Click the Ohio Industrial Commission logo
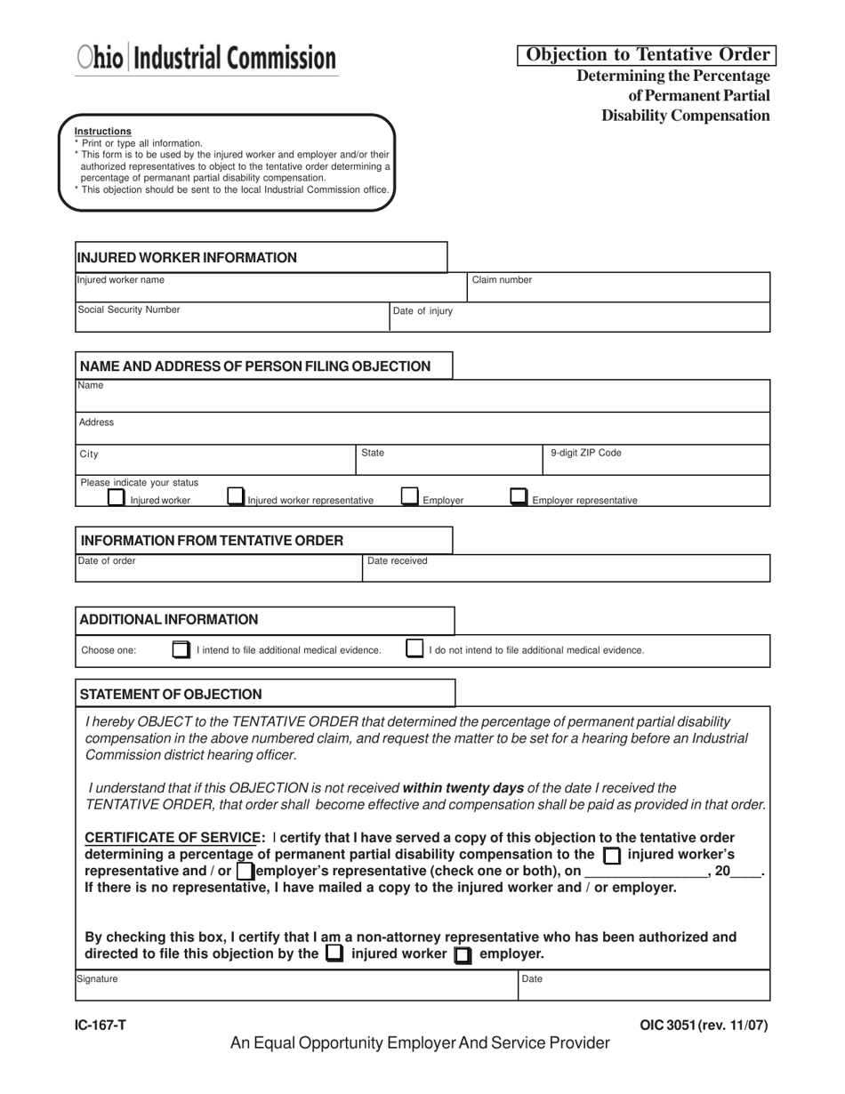(206, 58)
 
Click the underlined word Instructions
(103, 132)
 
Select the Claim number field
(618, 287)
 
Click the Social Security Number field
(232, 318)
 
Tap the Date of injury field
(579, 318)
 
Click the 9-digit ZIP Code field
(656, 460)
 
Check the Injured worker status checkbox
(116, 497)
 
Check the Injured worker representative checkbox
(235, 496)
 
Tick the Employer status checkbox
(409, 496)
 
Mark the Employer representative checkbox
(518, 496)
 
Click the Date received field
(566, 568)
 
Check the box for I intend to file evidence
(181, 649)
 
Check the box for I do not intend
(414, 648)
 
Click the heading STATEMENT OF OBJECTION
(171, 694)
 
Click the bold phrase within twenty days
(463, 788)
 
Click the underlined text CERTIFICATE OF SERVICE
(171, 838)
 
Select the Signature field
(296, 985)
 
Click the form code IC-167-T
(101, 1026)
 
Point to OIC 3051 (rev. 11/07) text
(704, 1026)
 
